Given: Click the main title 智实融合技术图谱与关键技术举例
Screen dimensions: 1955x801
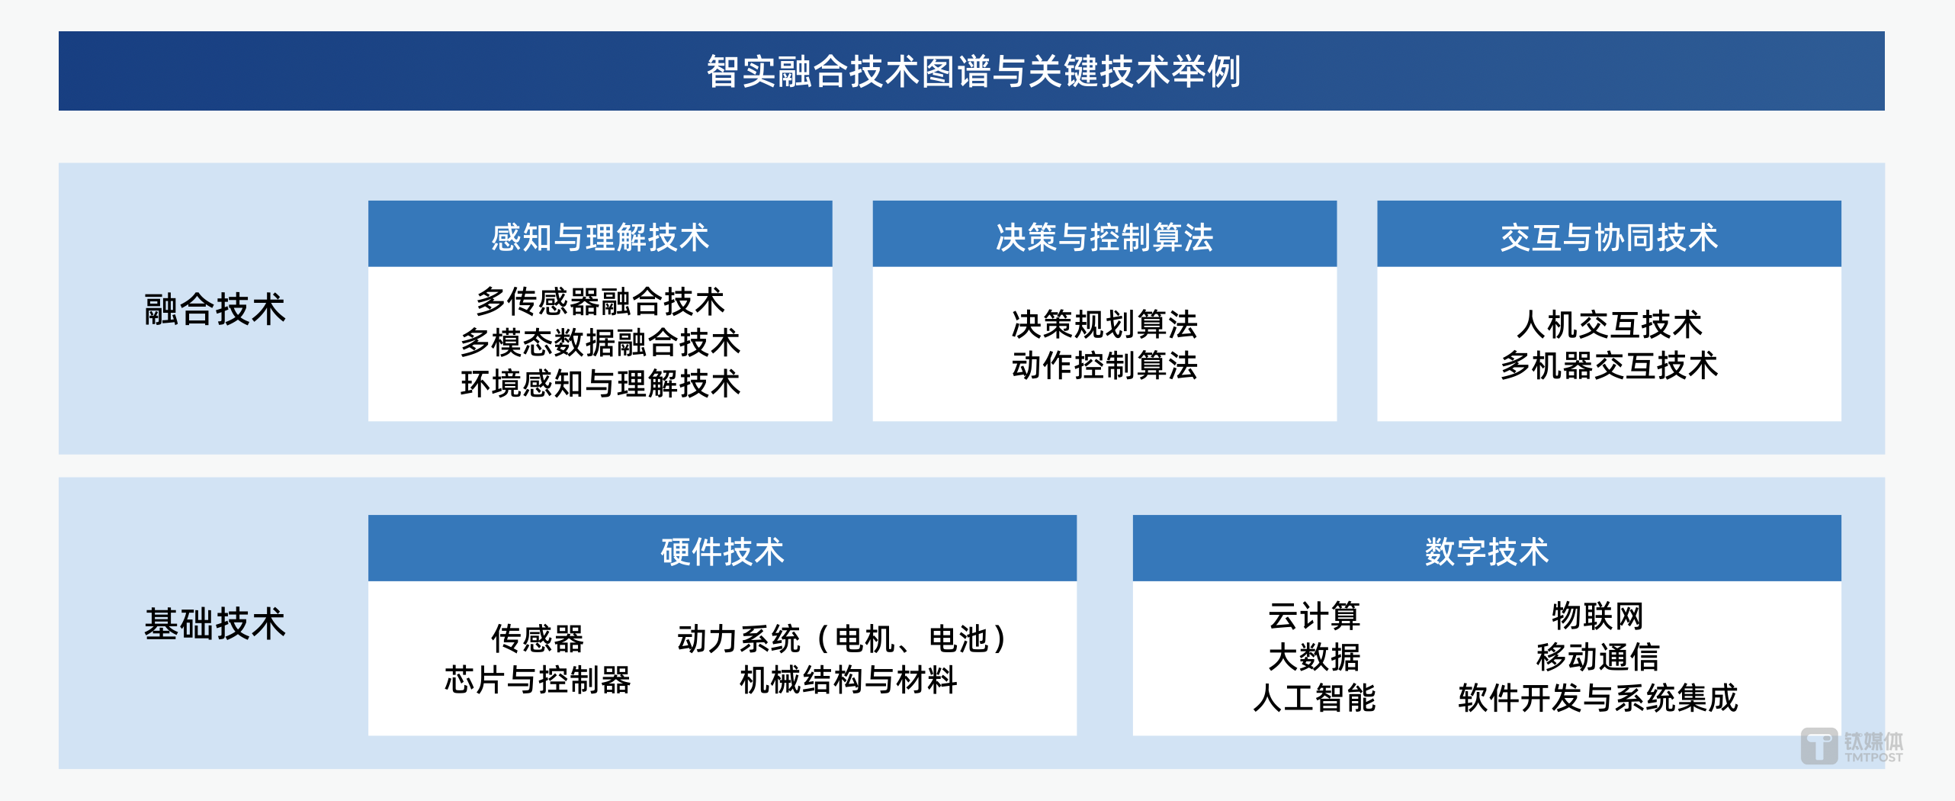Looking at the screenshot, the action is click(973, 72).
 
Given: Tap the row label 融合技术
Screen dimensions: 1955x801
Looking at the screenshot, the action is click(215, 310).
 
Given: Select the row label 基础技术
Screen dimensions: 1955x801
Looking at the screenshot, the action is click(215, 624).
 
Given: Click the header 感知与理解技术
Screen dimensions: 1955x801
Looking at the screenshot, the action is click(600, 237).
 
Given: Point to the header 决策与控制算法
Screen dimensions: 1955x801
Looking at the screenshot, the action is click(1104, 237).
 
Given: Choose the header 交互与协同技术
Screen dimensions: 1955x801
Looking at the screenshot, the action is click(1609, 237).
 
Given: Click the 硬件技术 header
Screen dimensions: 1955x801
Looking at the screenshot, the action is click(722, 552).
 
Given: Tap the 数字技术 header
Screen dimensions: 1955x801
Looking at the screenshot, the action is click(1487, 552).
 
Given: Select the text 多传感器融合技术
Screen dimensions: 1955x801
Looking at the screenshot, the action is click(600, 301).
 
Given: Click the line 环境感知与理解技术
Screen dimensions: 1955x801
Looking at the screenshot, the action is click(600, 384).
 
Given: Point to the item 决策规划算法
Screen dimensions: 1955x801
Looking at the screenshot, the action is click(1104, 324).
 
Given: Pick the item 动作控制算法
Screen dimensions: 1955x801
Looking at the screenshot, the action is click(1104, 365).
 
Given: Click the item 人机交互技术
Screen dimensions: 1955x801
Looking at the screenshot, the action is click(1609, 324).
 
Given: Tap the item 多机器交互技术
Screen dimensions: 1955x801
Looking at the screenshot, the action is click(1609, 365).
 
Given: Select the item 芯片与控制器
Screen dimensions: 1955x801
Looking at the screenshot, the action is click(538, 680).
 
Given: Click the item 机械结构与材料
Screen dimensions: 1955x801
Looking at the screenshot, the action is click(848, 680).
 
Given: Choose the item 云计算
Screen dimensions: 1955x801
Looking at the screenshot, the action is click(1314, 616).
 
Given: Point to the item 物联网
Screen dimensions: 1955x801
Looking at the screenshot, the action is click(1597, 616).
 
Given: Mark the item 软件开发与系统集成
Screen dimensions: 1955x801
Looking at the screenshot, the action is click(1597, 698).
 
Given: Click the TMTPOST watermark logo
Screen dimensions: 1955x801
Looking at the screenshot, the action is click(1851, 746).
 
